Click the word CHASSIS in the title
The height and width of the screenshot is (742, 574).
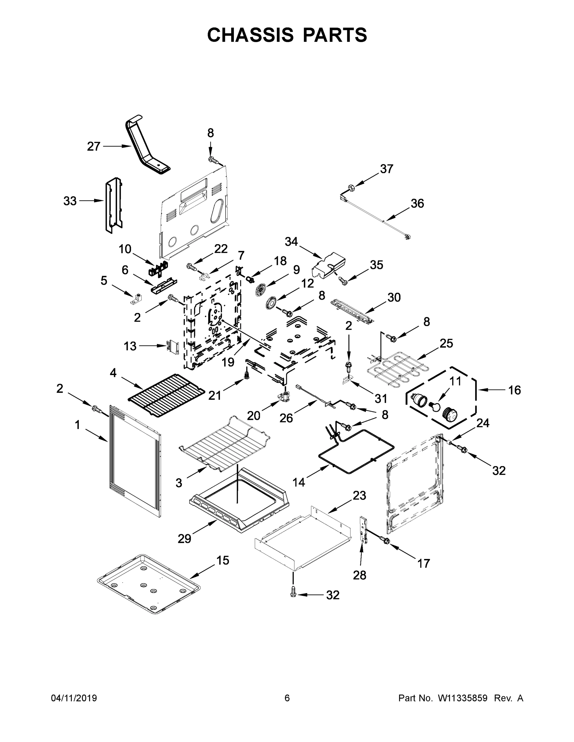click(250, 35)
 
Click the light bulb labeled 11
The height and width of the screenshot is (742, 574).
click(435, 405)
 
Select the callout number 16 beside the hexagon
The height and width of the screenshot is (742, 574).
click(514, 390)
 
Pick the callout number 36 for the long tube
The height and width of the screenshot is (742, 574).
click(417, 203)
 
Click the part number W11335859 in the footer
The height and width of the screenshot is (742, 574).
click(463, 698)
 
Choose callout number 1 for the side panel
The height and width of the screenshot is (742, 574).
click(78, 425)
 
